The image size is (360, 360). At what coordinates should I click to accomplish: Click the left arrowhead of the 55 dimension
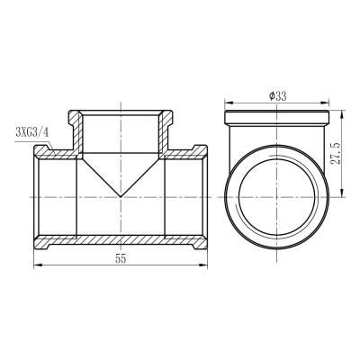tap(35, 265)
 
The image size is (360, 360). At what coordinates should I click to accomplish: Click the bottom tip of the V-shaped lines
tap(120, 195)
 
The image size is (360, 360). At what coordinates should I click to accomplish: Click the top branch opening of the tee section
tap(120, 112)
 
